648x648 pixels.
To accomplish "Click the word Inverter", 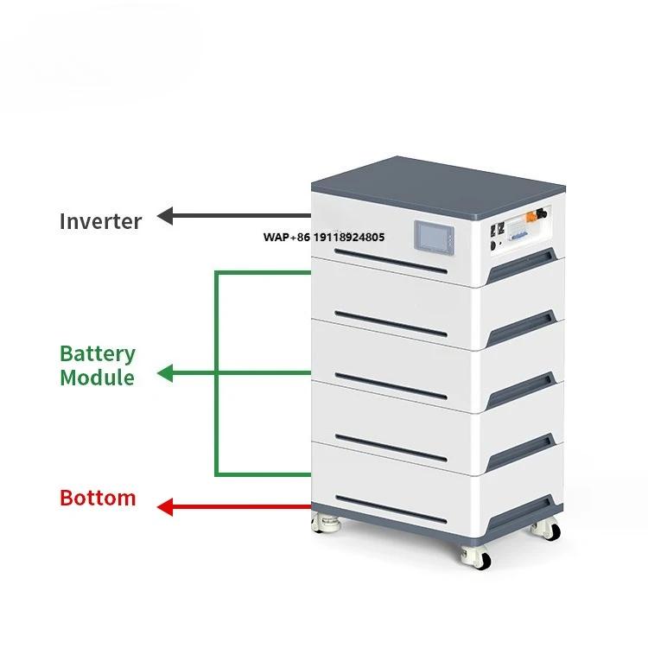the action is pos(100,220).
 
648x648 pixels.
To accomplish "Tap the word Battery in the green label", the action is pos(98,353).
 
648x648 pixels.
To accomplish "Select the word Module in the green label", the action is pos(97,378).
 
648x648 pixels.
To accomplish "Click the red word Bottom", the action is pos(98,498).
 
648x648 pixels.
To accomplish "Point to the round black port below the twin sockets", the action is pos(493,244).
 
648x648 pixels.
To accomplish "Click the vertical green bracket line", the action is pos(216,373).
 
